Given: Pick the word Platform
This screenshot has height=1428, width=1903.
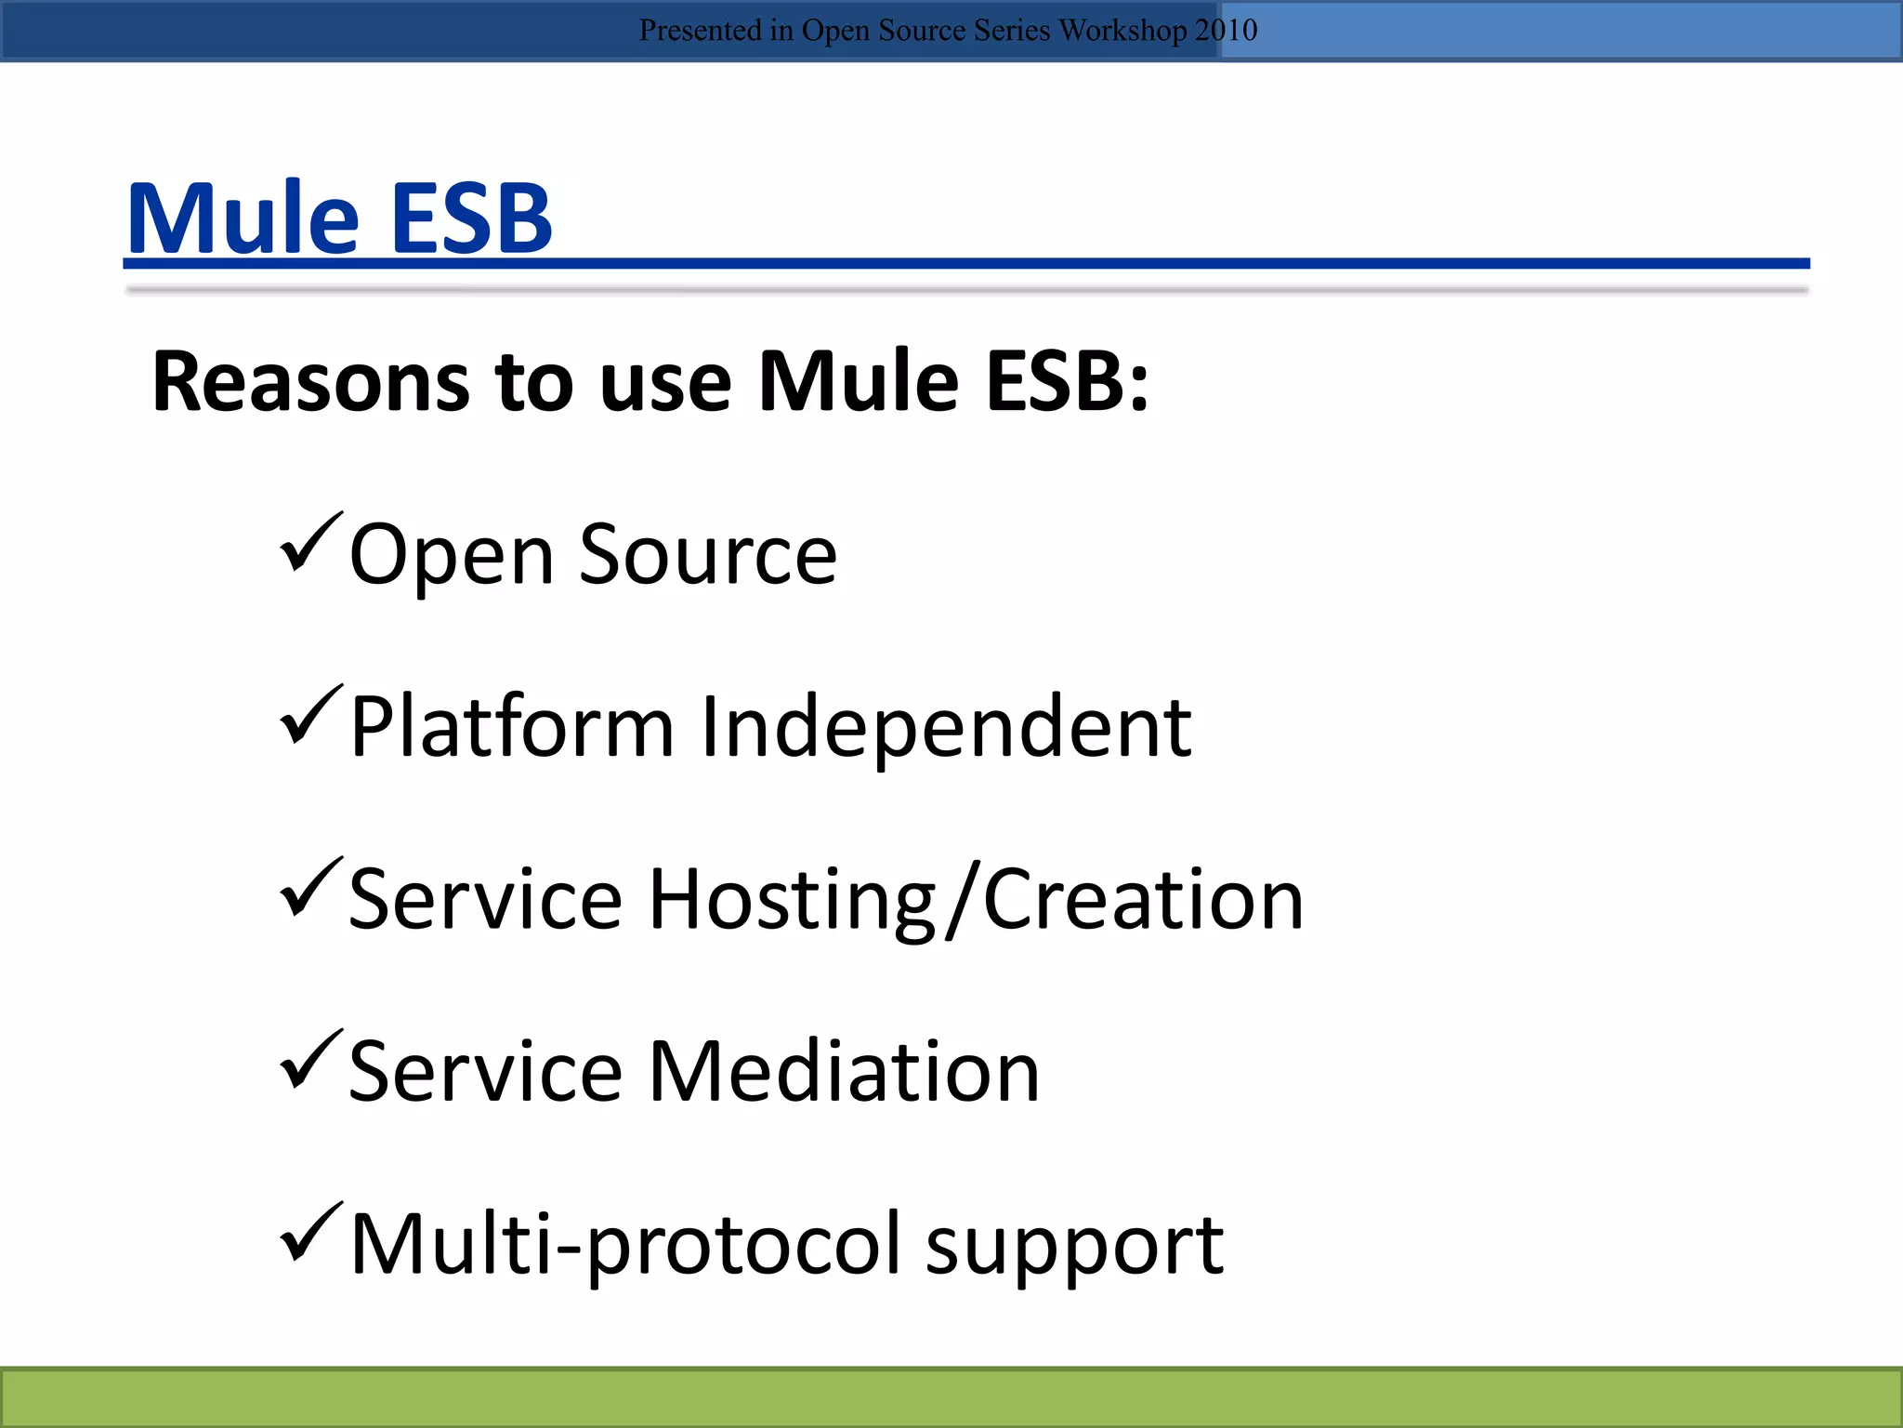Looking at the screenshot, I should pos(512,727).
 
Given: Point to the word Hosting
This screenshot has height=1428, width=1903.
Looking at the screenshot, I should pos(793,900).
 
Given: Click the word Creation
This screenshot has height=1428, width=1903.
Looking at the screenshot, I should pos(1144,900).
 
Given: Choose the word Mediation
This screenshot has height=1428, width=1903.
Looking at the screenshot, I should pos(844,1072).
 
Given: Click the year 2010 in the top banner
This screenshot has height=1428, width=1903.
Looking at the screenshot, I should pos(1226,30).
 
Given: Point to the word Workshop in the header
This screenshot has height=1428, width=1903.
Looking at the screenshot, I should pos(1122,31).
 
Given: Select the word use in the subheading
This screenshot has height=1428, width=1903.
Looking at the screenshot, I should pos(665,383).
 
